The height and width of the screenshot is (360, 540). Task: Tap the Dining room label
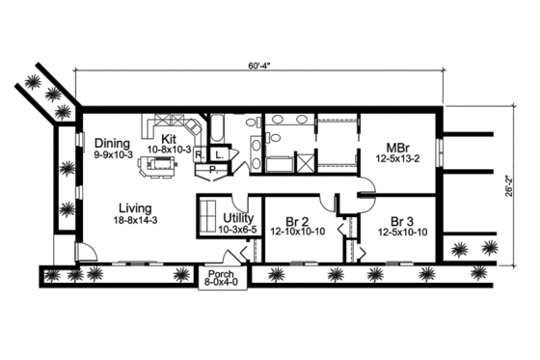(x=115, y=142)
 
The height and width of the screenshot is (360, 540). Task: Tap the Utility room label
(x=237, y=219)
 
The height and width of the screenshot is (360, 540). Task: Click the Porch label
(x=214, y=273)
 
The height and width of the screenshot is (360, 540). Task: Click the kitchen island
(x=163, y=168)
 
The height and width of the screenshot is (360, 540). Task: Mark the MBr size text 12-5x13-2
(x=397, y=161)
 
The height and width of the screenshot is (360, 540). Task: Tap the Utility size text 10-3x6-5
(x=237, y=231)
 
